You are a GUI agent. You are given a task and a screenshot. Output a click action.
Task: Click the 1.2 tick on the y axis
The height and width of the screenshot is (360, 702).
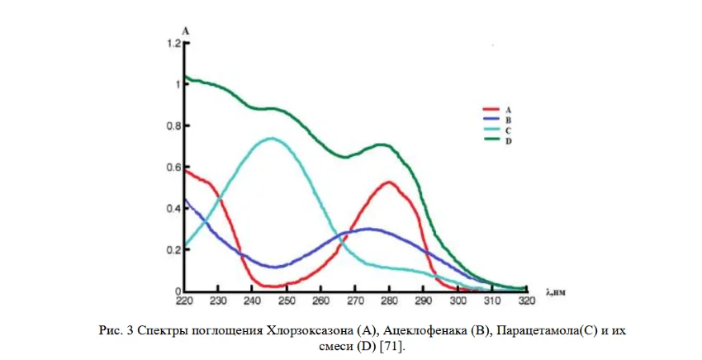point(173,43)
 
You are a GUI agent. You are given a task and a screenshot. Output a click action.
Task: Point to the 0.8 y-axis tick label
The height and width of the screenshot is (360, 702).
point(173,126)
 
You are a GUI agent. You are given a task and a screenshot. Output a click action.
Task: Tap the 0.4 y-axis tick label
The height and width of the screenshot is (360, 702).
point(173,209)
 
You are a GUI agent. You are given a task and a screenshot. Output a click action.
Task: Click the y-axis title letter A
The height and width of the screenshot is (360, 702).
point(186,31)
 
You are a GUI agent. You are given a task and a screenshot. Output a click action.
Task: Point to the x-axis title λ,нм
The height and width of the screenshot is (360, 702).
point(558,291)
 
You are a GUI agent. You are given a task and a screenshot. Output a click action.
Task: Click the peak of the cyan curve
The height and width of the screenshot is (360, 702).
point(271,139)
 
